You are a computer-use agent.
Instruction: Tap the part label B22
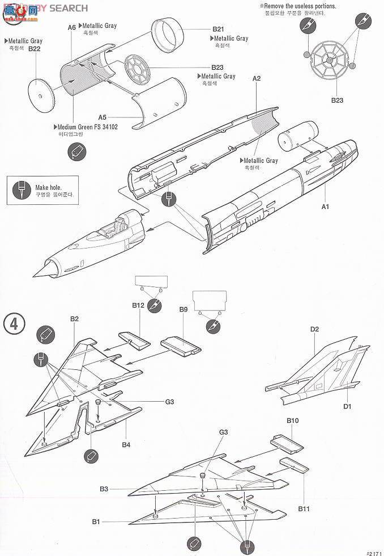pos(34,49)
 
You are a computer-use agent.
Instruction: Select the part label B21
pos(219,30)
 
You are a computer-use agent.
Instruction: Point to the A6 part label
pos(71,27)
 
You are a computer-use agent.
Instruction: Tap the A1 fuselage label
pos(325,207)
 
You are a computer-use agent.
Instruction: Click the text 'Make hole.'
pos(48,187)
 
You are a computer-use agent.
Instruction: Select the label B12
pos(138,305)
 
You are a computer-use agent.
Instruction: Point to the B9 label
pos(183,309)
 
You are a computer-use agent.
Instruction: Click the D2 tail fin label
pos(315,329)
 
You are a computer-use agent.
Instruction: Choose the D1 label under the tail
pos(347,406)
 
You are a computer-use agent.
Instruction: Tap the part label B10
pos(292,420)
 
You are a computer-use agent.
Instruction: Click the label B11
pos(304,509)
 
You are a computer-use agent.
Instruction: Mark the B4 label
pos(126,445)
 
